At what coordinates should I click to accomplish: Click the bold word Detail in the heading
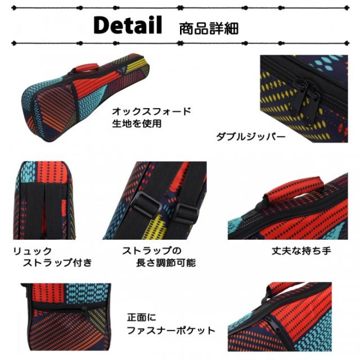pos(128,25)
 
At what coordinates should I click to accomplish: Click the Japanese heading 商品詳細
pos(209,29)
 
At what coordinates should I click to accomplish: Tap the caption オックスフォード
pos(151,111)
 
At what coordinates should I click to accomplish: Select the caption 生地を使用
pos(137,124)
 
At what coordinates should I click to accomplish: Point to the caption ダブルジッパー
pos(251,137)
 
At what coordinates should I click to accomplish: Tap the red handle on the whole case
pos(85,68)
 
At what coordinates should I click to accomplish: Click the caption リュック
pos(33,251)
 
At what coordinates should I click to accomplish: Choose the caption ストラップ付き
pos(57,263)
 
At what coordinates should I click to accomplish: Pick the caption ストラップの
pos(152,251)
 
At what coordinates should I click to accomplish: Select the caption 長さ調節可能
pos(166,263)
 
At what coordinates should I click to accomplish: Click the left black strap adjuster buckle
pos(145,203)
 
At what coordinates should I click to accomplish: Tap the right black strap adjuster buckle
pos(185,213)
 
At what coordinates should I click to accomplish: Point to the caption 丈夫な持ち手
pos(301,251)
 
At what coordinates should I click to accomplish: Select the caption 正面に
pos(141,318)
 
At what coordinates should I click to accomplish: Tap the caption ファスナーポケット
pos(171,331)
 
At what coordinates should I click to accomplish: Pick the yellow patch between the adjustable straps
pos(159,226)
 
